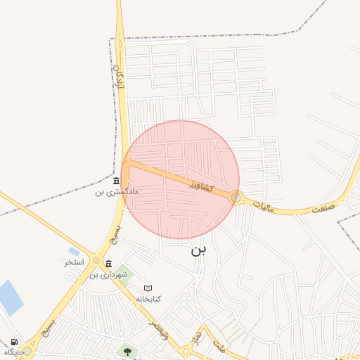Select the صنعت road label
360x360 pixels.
pos(324,208)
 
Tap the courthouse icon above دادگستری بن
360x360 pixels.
pos(116,181)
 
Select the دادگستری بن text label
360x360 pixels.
pos(117,191)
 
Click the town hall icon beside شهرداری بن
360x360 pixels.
pos(108,264)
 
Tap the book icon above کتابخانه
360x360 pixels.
pos(148,288)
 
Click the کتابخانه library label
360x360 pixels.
pos(148,299)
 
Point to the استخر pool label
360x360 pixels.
pos(74,262)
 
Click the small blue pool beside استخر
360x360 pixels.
pos(74,251)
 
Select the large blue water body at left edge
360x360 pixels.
pos(11,297)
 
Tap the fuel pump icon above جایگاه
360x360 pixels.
pos(14,342)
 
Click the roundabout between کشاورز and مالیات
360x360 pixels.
pos(236,198)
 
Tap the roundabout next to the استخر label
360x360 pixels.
pos(96,260)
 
